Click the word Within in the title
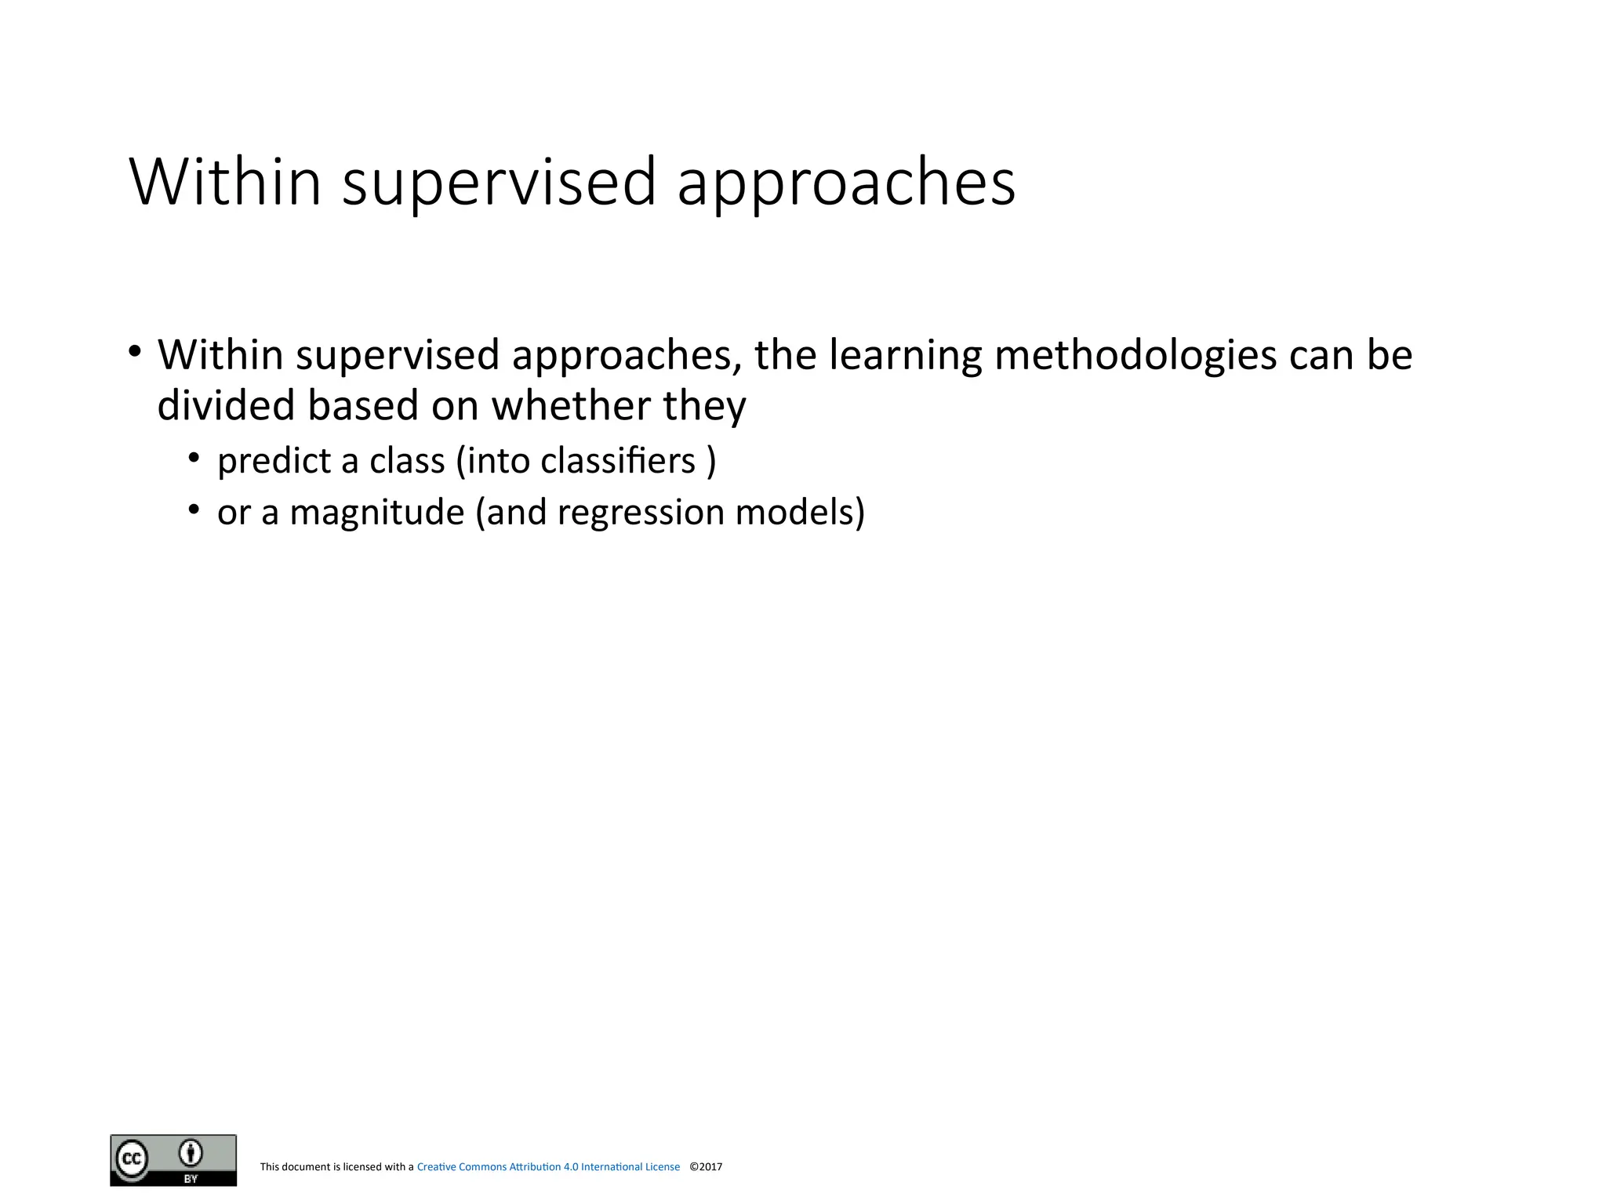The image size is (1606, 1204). point(226,182)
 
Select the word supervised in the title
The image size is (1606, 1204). point(499,182)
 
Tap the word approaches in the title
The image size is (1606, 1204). point(845,182)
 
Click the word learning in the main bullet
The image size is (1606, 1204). point(905,355)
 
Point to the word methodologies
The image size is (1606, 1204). point(1135,355)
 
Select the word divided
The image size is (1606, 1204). point(225,406)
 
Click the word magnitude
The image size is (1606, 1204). point(376,513)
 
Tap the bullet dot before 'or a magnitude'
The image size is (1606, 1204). point(193,510)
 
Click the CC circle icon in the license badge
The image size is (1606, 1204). point(132,1158)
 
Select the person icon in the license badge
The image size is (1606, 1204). point(191,1153)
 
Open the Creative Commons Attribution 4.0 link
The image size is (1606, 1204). point(548,1167)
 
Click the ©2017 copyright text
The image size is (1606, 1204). point(706,1167)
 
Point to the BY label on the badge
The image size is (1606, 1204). point(191,1178)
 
